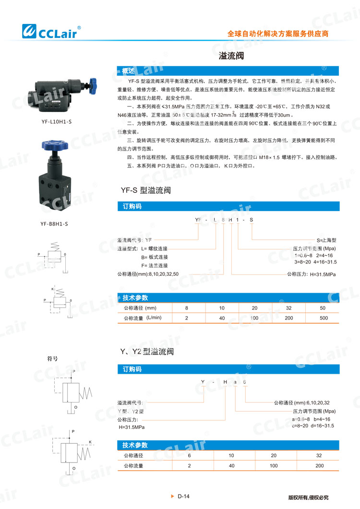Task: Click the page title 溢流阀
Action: click(231, 56)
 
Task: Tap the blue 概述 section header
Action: click(128, 71)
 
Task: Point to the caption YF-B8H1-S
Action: click(55, 223)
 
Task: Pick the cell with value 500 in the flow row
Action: click(324, 318)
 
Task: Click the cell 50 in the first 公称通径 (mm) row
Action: click(323, 308)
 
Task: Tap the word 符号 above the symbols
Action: click(52, 358)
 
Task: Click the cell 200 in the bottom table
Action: click(320, 465)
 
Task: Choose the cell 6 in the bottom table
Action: click(189, 455)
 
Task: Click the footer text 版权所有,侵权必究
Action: click(308, 497)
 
